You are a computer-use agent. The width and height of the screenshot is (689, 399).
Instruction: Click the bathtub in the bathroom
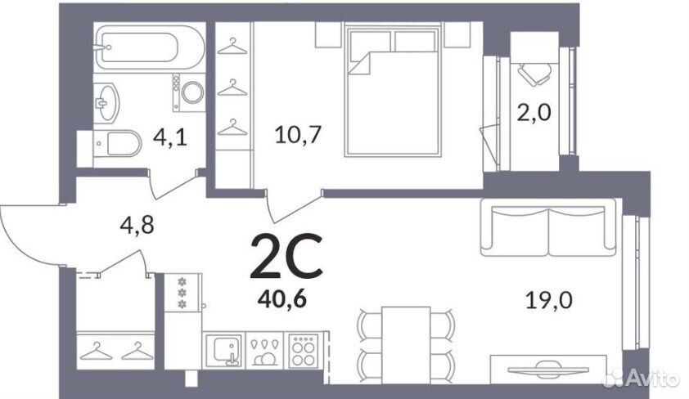click(x=150, y=47)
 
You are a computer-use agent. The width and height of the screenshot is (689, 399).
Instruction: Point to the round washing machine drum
click(x=192, y=92)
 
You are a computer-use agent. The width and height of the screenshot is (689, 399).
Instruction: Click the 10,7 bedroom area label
click(x=299, y=134)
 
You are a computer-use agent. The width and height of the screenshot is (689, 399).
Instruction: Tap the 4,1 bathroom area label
click(x=170, y=137)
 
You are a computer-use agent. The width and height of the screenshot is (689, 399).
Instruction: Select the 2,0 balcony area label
click(x=534, y=113)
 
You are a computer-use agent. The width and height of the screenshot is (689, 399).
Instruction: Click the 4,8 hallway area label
click(x=137, y=226)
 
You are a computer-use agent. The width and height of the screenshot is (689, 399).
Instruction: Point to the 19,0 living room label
click(x=549, y=301)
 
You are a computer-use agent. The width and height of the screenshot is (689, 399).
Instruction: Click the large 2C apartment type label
click(x=286, y=257)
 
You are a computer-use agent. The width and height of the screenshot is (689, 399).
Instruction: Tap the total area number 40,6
click(x=282, y=300)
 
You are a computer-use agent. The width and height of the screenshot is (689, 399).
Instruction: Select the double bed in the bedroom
click(x=393, y=91)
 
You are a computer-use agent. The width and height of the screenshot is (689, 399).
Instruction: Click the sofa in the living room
click(x=548, y=227)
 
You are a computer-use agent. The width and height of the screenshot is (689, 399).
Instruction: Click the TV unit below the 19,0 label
click(x=548, y=369)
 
